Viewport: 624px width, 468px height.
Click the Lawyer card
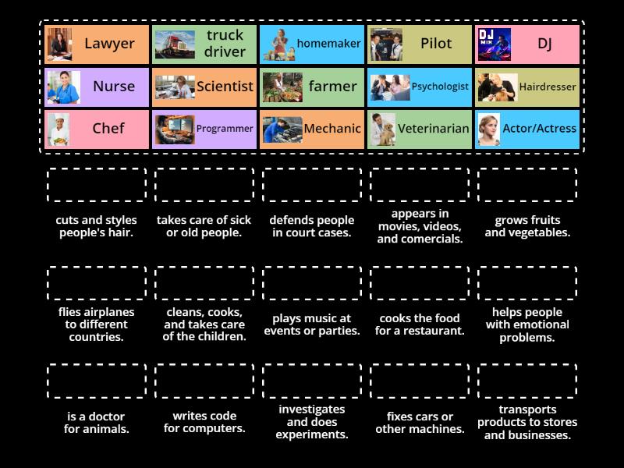[97, 44]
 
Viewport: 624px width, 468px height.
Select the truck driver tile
[204, 44]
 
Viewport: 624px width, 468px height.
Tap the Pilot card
[420, 44]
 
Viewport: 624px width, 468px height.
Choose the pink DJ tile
[527, 44]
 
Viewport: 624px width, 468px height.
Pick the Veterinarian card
[420, 129]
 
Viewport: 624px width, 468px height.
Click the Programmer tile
[204, 129]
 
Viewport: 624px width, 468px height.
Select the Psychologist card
[420, 87]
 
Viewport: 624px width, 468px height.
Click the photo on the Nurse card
[63, 87]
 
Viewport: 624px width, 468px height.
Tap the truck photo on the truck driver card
[175, 44]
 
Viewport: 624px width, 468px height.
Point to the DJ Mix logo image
[495, 44]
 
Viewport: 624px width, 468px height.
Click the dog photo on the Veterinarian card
[383, 129]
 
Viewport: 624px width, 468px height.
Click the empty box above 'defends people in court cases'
[312, 185]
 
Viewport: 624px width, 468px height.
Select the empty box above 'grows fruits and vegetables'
[527, 185]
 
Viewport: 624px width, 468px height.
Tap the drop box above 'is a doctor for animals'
[97, 381]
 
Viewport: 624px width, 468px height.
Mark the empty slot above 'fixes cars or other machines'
[420, 381]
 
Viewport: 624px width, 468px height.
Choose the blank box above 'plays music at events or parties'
[312, 282]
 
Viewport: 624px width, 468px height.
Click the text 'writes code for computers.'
[204, 422]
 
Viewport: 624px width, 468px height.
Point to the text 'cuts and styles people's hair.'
[97, 226]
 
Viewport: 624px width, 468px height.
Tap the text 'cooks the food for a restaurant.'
[420, 324]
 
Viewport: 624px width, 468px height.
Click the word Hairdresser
[548, 87]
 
